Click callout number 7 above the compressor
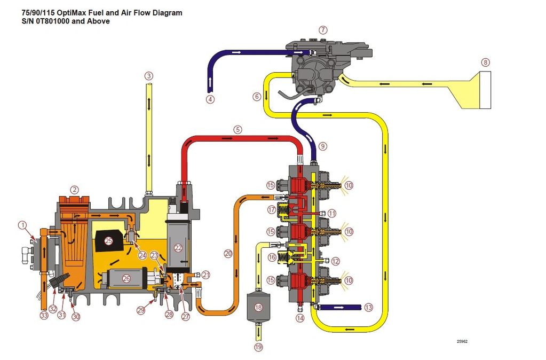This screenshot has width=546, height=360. pos(323,30)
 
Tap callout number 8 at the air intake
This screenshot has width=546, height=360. pos(485,62)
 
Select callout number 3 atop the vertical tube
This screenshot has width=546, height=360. pos(149,76)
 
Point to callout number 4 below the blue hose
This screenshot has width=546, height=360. pos(210,99)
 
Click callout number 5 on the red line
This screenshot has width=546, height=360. pos(238,129)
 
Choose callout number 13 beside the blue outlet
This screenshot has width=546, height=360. pos(368,308)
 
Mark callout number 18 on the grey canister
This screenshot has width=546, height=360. pos(258,308)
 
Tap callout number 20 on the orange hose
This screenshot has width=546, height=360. pos(228,254)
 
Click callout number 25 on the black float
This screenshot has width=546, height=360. pos(109,241)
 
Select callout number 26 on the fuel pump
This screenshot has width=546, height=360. pos(126,278)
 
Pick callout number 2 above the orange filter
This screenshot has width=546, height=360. pos(75,189)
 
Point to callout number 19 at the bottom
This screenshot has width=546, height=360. pos(258,347)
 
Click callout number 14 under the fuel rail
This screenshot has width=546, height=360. pos(300,318)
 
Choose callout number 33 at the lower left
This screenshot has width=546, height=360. pos(44,315)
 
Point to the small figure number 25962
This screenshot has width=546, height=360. pos(462,341)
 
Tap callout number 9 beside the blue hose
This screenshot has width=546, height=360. pos(323,146)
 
